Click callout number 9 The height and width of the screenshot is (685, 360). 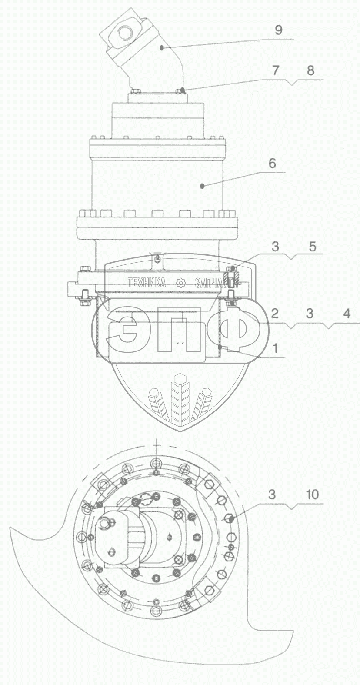pos(278,30)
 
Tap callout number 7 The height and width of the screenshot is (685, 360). pos(275,70)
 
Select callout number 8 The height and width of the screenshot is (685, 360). pos(310,70)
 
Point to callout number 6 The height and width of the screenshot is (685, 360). pos(272,163)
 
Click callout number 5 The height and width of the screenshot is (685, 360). pos(312,247)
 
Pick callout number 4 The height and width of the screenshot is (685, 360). pos(347,314)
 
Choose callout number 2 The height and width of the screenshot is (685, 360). pos(275,314)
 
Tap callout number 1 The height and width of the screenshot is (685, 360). pos(275,348)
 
